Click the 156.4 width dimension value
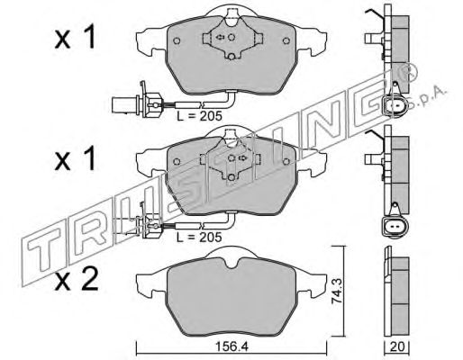(x=231, y=347)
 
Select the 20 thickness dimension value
(x=397, y=346)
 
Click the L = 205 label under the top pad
(x=199, y=116)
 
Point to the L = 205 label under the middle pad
(x=199, y=238)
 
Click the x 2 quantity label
(x=77, y=279)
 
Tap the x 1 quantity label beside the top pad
(x=75, y=37)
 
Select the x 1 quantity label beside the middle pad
(x=75, y=158)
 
